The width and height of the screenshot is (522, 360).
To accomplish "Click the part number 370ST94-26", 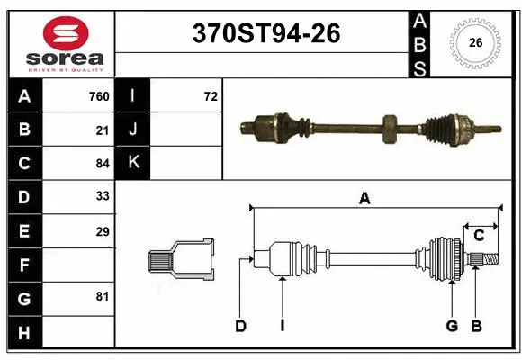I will coord(266,33).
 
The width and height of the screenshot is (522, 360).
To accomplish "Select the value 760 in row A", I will coord(98,96).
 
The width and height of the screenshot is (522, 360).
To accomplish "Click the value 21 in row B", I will coord(103,130).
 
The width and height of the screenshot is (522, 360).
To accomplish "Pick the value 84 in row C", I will coord(103,163).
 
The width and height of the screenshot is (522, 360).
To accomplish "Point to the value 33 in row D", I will coord(103,197).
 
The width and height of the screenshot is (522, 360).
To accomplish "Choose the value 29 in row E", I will coord(103,231).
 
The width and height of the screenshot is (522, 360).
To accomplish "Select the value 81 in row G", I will coord(103,296).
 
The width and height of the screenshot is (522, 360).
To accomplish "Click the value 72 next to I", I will coord(211,96).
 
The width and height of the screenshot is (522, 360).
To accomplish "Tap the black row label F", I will coord(23,265).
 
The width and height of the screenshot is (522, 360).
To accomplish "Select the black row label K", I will coord(134,163).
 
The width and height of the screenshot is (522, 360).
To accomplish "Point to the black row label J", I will coord(134,130).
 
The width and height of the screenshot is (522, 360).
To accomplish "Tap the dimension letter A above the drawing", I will coord(364,200).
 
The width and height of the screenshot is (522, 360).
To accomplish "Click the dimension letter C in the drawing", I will coord(479,235).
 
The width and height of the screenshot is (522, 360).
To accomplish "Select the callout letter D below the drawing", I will coord(240,326).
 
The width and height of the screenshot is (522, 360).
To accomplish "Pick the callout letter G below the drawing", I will coord(452,326).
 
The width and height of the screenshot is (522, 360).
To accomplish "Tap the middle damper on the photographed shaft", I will coord(389,128).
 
